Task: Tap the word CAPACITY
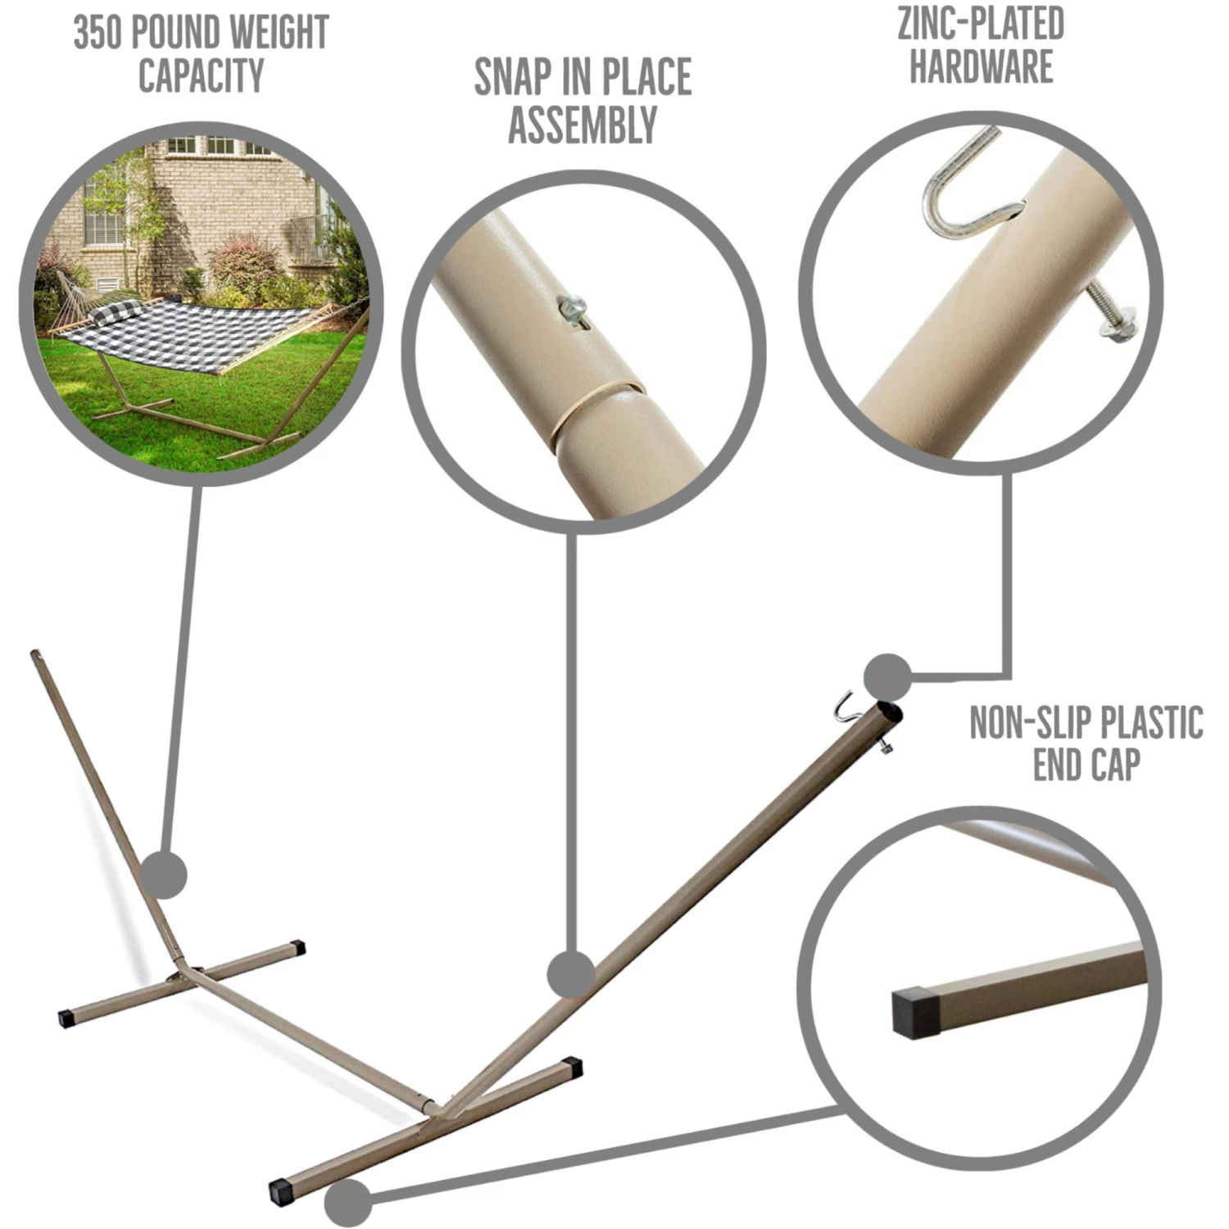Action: [201, 75]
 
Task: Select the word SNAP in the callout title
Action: [512, 77]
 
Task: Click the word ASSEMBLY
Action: [583, 125]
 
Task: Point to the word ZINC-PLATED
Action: [981, 23]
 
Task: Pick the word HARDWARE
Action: [981, 66]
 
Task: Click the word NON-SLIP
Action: [1029, 722]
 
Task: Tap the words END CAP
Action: [1086, 764]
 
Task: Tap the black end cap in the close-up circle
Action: [916, 1014]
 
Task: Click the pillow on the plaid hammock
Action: [115, 313]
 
